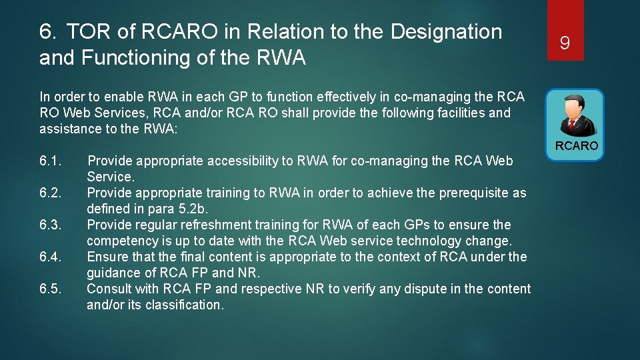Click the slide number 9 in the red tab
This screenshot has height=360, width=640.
click(565, 44)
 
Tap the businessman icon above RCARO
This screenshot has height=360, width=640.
click(574, 115)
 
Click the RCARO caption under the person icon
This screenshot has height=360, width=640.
click(577, 146)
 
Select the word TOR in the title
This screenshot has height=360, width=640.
click(84, 31)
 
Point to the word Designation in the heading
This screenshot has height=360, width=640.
click(446, 31)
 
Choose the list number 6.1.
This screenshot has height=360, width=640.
click(51, 161)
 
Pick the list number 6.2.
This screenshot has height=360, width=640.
click(51, 193)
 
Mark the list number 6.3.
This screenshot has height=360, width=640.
click(51, 225)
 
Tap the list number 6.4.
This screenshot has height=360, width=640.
click(51, 257)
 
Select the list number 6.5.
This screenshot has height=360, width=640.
click(51, 289)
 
